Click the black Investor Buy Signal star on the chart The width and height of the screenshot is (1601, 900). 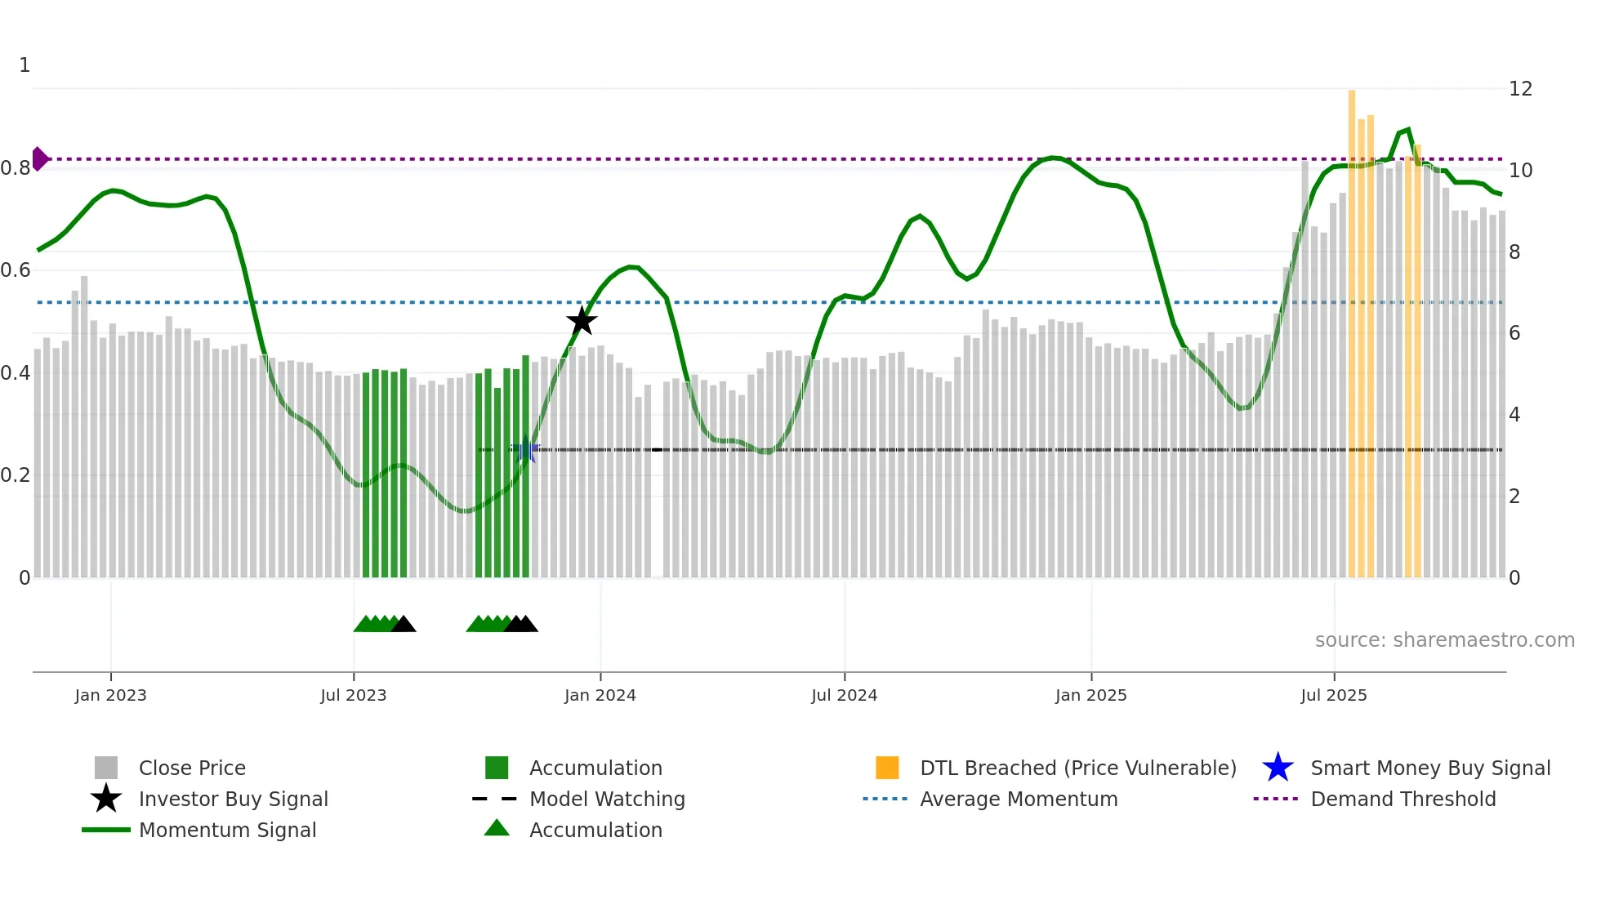(582, 321)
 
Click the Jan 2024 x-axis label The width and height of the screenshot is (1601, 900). (600, 696)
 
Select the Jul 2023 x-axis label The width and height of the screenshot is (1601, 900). (353, 696)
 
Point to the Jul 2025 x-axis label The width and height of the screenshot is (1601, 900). (1333, 696)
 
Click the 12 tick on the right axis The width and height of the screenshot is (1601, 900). (1520, 89)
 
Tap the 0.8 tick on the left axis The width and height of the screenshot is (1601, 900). (16, 168)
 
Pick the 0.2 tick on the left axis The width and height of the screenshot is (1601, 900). (16, 475)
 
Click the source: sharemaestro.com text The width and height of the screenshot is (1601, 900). (1444, 640)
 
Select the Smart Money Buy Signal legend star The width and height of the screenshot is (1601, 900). (1278, 768)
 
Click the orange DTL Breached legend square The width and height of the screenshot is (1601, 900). (887, 768)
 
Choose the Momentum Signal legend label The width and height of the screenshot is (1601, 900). (227, 830)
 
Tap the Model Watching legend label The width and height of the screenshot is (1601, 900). (607, 799)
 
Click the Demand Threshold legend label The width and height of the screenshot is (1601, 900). (1403, 799)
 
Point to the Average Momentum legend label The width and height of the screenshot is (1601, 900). (1019, 799)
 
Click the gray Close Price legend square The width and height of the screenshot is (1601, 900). (106, 768)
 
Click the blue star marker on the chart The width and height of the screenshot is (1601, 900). (525, 450)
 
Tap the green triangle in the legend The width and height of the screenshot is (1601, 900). (497, 828)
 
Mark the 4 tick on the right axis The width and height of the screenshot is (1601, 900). (1514, 415)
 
